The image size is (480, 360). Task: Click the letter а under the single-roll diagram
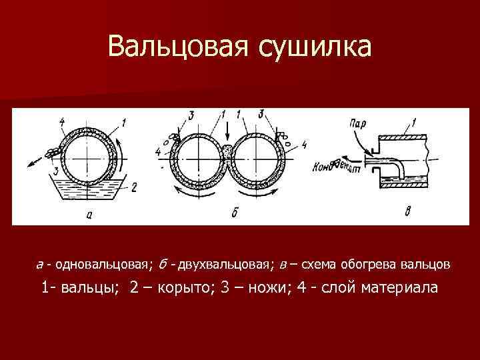click(x=89, y=214)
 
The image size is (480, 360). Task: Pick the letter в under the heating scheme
click(x=407, y=213)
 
